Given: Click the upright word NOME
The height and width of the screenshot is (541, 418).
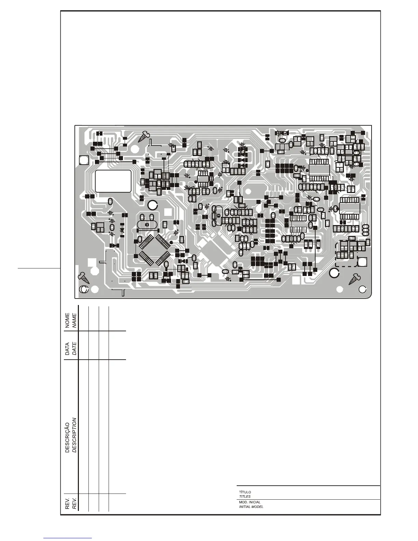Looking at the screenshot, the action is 67,320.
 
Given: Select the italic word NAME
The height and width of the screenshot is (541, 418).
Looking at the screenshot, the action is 74,320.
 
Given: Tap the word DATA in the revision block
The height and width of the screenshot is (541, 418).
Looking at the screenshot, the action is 67,349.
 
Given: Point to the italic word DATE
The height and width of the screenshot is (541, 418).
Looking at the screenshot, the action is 74,349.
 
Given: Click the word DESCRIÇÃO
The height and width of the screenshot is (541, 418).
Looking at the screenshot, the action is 67,435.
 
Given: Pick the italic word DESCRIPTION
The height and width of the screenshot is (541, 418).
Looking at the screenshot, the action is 74,435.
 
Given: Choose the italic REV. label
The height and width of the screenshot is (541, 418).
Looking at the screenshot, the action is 74,502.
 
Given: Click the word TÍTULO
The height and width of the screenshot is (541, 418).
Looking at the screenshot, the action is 245,492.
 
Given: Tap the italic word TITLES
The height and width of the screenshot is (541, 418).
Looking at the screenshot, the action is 245,497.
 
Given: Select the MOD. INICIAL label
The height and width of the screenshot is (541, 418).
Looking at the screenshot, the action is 250,502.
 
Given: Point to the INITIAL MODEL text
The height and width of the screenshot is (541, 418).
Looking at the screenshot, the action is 251,507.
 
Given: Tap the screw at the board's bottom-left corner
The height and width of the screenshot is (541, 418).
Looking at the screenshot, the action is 83,277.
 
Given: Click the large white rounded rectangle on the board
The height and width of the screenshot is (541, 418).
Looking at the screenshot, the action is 113,181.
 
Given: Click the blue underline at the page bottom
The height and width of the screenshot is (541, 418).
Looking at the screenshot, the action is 68,538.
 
